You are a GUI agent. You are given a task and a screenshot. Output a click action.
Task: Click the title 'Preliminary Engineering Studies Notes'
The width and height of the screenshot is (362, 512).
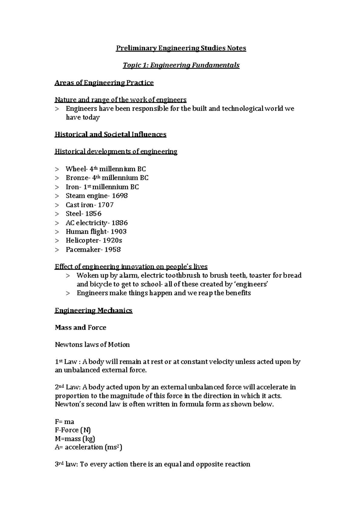pos(181,48)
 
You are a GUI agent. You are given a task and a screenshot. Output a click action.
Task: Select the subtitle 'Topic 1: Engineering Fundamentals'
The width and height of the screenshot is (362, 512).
pos(181,65)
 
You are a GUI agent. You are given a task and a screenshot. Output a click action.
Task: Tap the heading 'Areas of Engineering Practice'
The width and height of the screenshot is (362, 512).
pos(104,83)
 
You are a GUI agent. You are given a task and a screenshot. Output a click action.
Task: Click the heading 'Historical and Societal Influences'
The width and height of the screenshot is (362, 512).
pos(110,134)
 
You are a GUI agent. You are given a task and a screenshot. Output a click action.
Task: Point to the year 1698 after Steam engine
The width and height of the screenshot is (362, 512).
pos(120,196)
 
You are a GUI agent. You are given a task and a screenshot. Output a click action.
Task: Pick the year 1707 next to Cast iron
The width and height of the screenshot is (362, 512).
pos(106,205)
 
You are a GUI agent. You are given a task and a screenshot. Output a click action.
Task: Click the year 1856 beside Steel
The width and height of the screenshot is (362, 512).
pos(93,214)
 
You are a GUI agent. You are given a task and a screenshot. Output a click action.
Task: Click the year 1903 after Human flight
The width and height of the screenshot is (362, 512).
pos(119,232)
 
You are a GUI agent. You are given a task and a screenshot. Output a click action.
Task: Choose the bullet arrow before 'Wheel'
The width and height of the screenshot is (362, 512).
pos(57,169)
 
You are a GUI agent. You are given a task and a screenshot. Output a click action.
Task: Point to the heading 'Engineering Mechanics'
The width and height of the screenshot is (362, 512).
pos(94,311)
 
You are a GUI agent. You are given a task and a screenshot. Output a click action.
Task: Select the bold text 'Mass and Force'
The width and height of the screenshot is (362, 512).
pos(81,327)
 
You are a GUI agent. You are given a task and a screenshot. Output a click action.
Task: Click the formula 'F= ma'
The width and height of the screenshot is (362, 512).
pos(65,422)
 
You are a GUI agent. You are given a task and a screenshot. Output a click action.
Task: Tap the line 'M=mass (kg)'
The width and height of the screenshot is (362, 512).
pos(75,439)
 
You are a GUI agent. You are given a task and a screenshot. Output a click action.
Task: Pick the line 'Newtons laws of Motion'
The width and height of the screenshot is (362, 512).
pos(92,345)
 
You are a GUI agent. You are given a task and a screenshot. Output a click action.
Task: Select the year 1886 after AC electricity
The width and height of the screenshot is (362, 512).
pos(119,223)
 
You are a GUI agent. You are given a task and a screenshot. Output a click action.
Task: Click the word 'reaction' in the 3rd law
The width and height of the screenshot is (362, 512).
pos(237,464)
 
